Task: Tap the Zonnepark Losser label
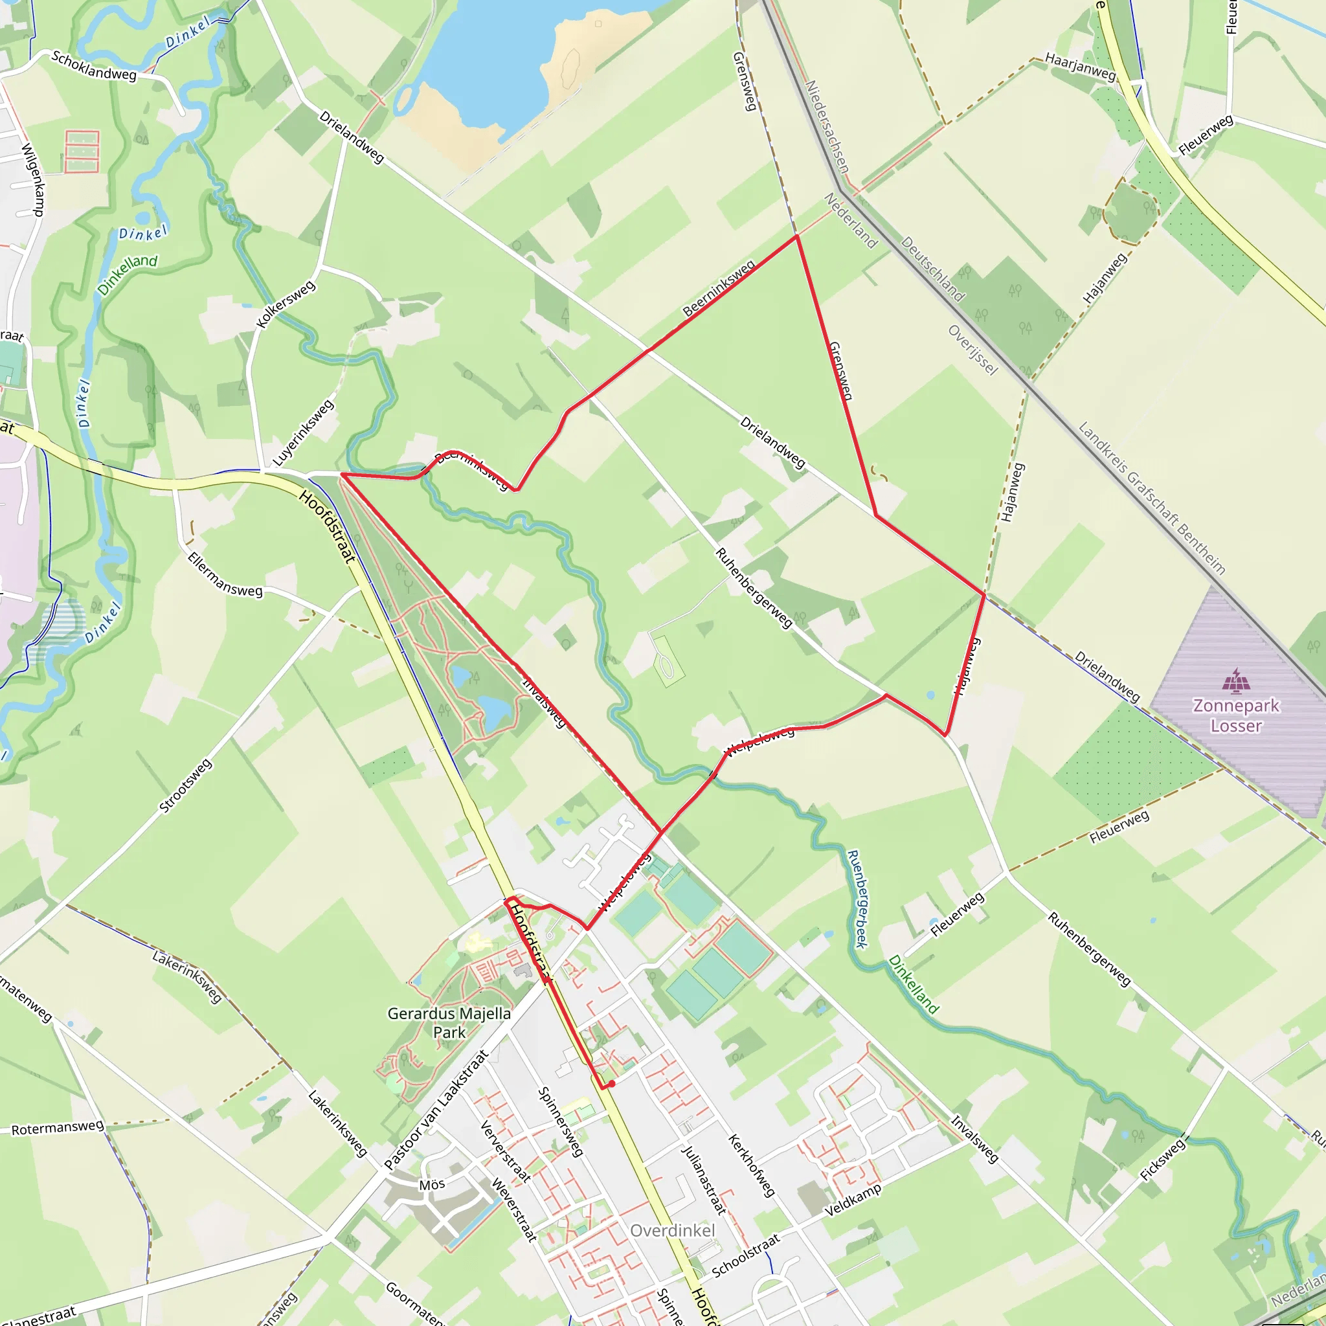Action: tap(1236, 715)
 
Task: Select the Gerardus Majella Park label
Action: tap(449, 1022)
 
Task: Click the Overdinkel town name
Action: tap(672, 1231)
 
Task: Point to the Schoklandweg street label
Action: tap(94, 66)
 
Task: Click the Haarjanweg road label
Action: tap(1081, 67)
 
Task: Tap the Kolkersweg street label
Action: tap(286, 304)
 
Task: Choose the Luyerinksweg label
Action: tap(304, 433)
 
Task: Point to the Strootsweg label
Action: tap(185, 786)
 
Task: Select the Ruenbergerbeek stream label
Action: tap(858, 899)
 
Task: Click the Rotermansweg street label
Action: tap(58, 1128)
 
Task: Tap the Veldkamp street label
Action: tap(853, 1200)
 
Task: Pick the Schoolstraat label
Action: tap(746, 1255)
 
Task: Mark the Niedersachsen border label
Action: tap(826, 127)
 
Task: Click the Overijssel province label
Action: tap(972, 350)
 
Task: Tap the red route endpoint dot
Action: tap(611, 1084)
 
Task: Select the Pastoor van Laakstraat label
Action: tap(436, 1110)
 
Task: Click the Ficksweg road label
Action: tap(1163, 1159)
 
